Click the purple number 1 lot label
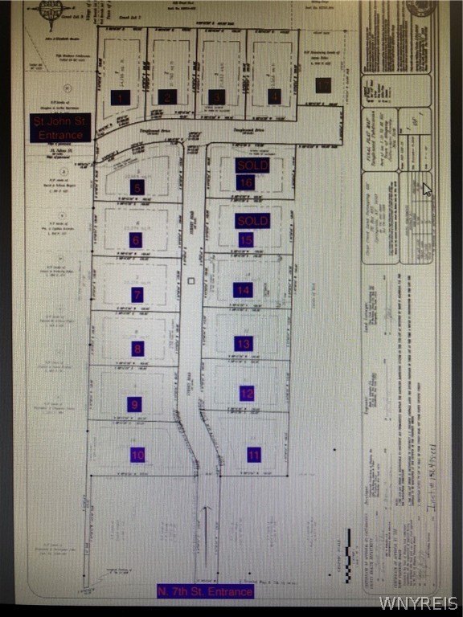click(x=121, y=97)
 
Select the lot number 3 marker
click(x=216, y=97)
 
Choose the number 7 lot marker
click(x=138, y=295)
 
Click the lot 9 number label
click(x=134, y=404)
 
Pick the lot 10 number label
click(x=137, y=455)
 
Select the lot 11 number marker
click(x=255, y=454)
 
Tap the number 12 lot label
click(x=247, y=394)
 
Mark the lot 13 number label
click(x=244, y=343)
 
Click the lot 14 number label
click(x=243, y=290)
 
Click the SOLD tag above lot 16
click(x=252, y=165)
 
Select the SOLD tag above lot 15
click(x=252, y=220)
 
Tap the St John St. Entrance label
click(x=62, y=129)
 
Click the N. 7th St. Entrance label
click(x=206, y=592)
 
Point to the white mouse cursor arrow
click(x=427, y=190)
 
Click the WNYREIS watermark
click(x=430, y=603)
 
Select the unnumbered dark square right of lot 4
click(x=323, y=85)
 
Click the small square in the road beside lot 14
click(x=191, y=281)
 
